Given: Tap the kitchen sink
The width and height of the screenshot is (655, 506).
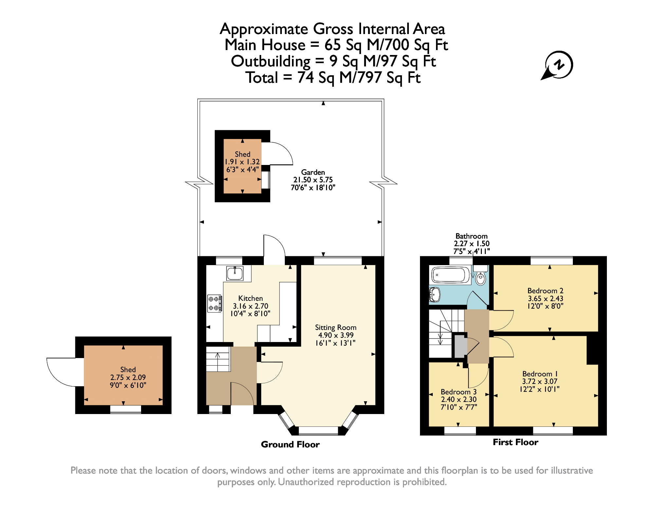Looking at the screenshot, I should (235, 273).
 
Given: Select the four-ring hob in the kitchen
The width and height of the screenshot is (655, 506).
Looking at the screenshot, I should (214, 303).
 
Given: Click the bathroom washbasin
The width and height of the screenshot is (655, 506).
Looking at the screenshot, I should (435, 295).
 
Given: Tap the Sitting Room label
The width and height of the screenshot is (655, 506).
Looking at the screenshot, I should (336, 327).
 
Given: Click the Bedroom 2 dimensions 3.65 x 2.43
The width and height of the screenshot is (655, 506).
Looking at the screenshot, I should (545, 298).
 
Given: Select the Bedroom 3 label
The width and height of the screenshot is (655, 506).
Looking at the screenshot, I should (459, 392).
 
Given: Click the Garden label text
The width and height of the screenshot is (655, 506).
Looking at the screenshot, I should (313, 172).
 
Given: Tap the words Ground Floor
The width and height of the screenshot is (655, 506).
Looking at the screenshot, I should (290, 444).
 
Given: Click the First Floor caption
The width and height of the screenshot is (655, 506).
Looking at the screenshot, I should (515, 442).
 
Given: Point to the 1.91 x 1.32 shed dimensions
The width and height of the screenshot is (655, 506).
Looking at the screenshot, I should (242, 162).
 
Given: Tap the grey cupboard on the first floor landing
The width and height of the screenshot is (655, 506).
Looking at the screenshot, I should (460, 346).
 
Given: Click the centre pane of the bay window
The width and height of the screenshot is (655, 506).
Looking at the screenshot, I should (318, 430).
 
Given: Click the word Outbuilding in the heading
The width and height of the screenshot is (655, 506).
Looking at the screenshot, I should (271, 61).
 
